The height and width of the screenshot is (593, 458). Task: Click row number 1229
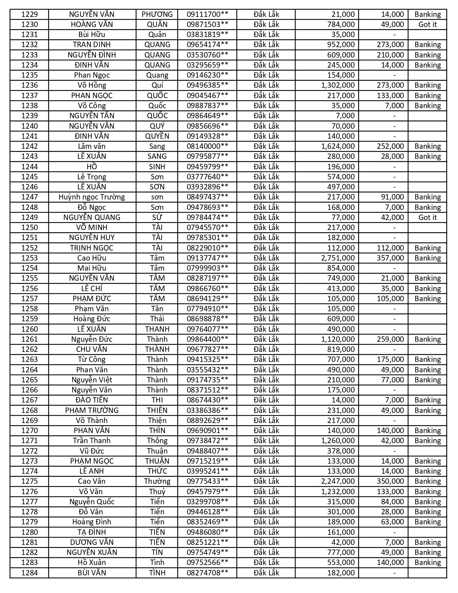tap(29, 14)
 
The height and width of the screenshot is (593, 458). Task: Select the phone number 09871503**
tap(207, 24)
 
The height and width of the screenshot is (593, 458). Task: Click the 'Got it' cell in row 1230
tap(427, 24)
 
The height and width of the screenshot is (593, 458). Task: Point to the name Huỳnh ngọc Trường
tap(92, 197)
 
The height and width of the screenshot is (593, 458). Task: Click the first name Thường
tap(157, 481)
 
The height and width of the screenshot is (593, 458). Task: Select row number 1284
tap(29, 573)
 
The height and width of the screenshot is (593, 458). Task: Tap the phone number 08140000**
tap(207, 146)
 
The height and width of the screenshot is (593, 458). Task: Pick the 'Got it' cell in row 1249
tap(427, 217)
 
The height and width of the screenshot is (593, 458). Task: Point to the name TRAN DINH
tap(92, 45)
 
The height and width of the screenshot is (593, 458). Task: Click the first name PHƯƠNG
tap(157, 14)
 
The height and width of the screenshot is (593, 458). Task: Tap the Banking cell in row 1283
tap(427, 562)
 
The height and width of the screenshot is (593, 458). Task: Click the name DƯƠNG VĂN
tap(92, 542)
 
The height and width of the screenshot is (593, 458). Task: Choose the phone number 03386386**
tap(207, 410)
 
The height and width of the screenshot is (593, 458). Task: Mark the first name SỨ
tap(157, 217)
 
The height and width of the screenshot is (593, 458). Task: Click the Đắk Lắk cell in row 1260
tap(266, 329)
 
